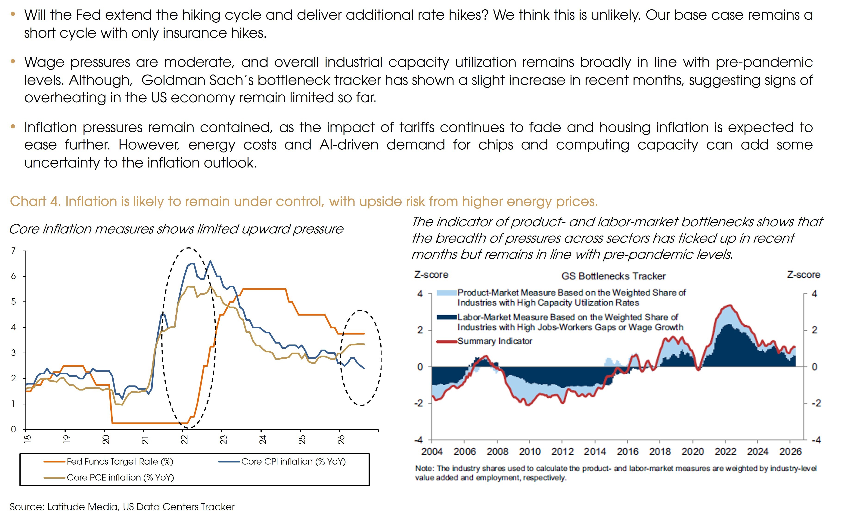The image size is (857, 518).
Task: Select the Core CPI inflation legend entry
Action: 282,462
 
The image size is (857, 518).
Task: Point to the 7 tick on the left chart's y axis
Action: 14,251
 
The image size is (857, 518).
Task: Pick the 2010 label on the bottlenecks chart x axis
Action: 530,452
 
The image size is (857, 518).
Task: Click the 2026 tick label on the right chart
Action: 791,452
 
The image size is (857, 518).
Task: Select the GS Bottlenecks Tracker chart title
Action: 614,276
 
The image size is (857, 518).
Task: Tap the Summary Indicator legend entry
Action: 484,341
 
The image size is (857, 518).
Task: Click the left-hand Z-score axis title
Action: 431,275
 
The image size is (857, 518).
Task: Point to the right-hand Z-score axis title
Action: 803,275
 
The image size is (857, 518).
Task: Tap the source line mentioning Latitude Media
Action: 122,507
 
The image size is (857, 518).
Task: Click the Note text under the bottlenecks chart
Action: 616,473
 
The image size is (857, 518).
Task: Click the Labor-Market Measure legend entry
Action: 560,322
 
